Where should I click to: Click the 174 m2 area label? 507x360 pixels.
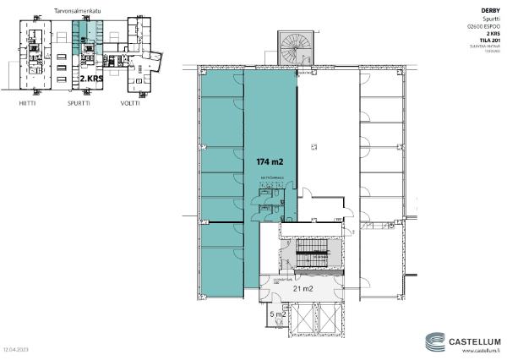click(x=270, y=160)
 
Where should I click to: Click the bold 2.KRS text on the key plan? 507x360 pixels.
click(x=92, y=76)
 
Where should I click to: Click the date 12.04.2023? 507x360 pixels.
click(x=16, y=348)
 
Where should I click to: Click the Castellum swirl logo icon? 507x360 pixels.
click(x=435, y=342)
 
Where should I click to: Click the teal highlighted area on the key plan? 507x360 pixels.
click(x=83, y=38)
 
